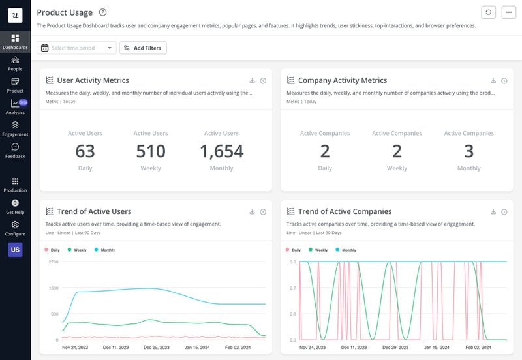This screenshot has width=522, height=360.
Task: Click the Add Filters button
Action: click(143, 48)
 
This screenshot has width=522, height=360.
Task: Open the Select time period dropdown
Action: click(77, 48)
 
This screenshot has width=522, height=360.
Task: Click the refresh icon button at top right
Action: click(488, 12)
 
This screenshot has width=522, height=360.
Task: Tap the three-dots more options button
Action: click(508, 12)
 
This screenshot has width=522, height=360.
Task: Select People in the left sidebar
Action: click(15, 63)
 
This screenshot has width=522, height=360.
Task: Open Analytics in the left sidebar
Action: click(15, 107)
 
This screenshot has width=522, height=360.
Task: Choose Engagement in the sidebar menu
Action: click(15, 128)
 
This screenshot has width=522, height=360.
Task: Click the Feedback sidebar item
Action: click(15, 151)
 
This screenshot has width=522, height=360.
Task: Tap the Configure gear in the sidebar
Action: click(15, 228)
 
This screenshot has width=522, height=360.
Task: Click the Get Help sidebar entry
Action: click(15, 207)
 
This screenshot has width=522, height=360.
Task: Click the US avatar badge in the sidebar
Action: click(15, 250)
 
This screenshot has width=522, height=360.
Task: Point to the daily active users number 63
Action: click(85, 151)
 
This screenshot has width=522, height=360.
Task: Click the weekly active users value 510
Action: click(151, 151)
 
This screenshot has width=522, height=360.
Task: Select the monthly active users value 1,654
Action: click(221, 151)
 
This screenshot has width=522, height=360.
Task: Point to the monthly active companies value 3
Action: click(468, 151)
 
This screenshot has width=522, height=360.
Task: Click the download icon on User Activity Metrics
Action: click(252, 81)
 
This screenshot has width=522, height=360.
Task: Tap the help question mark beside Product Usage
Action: click(103, 12)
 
